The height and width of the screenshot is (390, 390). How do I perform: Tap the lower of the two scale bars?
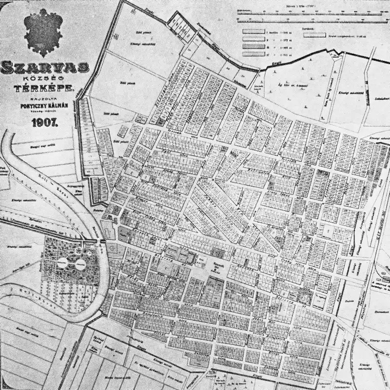click(x=302, y=21)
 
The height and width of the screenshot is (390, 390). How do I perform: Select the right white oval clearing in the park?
click(x=79, y=264)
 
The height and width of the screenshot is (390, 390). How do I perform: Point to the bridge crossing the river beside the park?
click(x=99, y=239)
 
